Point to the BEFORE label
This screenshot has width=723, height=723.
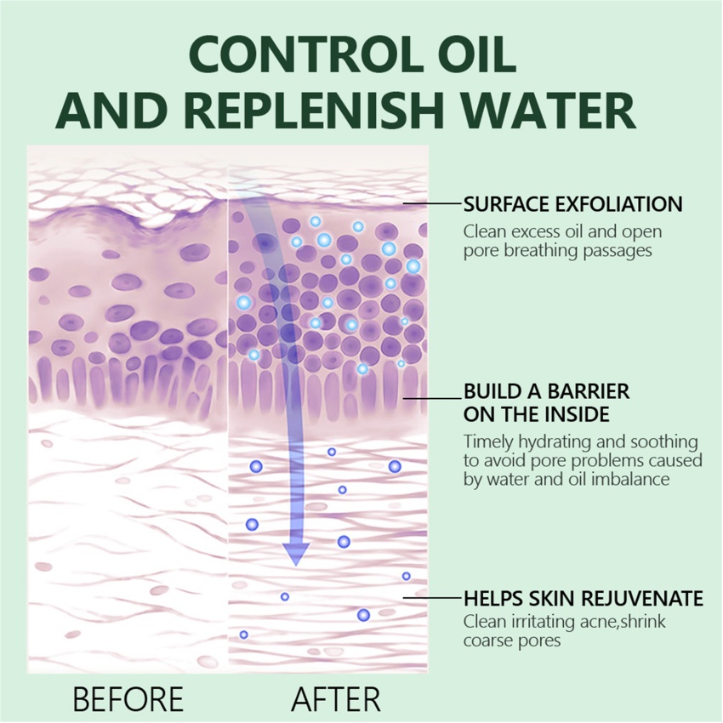128,699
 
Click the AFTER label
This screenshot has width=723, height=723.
335,699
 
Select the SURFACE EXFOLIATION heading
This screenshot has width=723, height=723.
572,204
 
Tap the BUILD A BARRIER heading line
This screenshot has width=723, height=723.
546,392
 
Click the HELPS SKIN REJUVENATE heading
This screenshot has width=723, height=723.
583,598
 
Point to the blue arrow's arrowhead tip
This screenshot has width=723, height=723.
295,564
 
